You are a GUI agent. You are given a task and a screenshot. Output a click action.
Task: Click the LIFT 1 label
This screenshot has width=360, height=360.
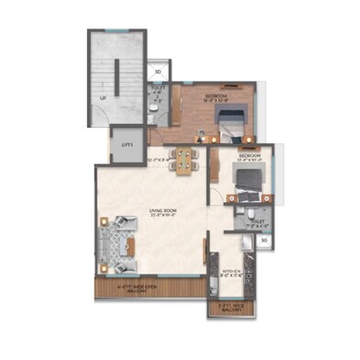coord(126,144)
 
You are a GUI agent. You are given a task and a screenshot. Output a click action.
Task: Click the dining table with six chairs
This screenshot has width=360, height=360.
coord(186,160)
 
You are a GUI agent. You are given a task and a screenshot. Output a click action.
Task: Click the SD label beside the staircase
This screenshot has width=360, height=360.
coord(158,71)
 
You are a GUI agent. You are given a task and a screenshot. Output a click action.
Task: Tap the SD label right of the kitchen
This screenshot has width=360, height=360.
coord(264,242)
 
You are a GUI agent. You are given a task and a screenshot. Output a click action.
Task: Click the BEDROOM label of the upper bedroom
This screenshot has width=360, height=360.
coord(216,95)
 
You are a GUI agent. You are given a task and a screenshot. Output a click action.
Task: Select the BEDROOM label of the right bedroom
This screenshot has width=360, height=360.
coord(250,156)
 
